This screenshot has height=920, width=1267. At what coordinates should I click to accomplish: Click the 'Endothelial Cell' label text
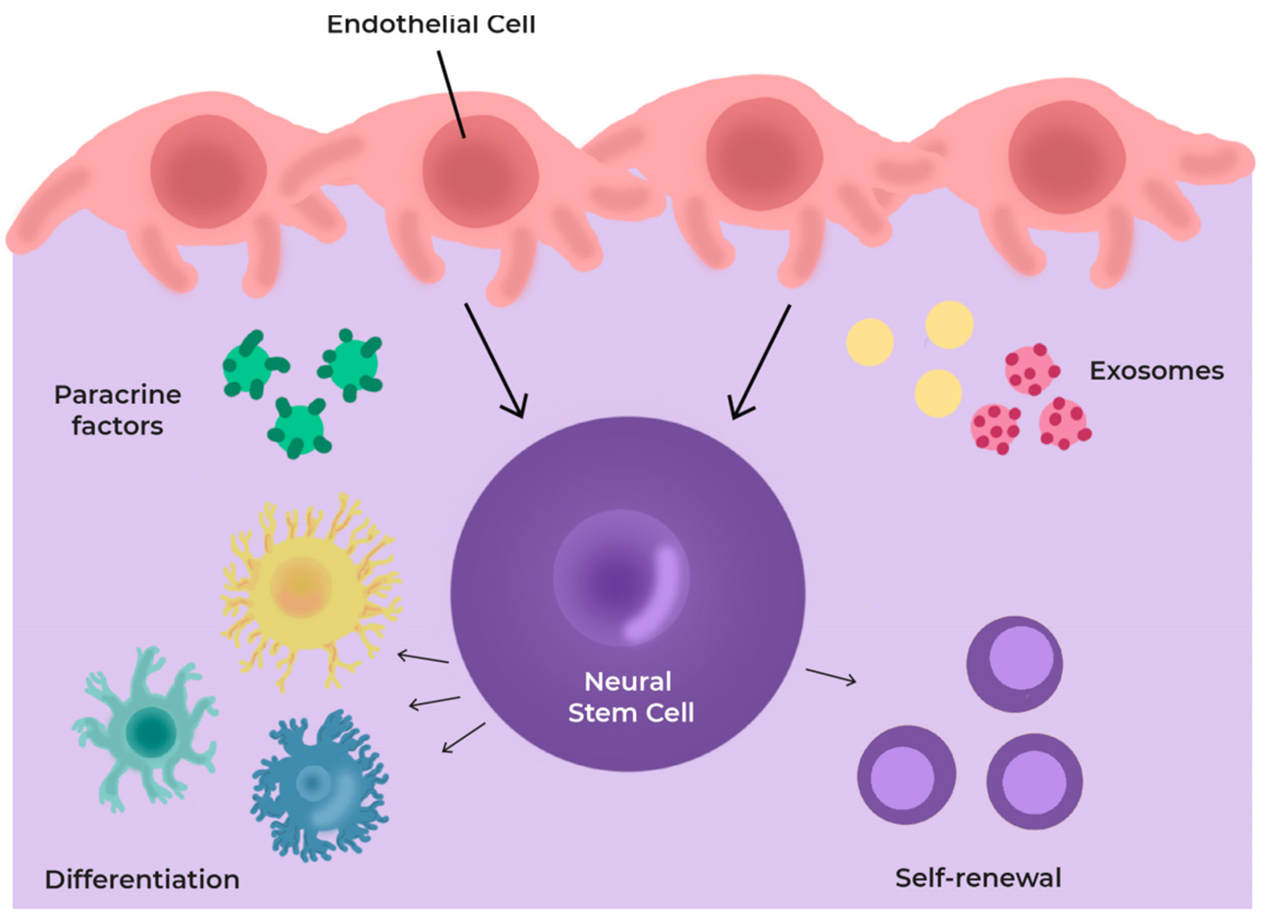[431, 24]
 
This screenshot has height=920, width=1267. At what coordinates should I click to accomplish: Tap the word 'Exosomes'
[1156, 371]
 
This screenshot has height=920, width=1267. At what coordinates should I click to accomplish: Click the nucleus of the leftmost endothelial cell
[208, 171]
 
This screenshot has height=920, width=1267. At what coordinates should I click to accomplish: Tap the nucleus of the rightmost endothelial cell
[1066, 157]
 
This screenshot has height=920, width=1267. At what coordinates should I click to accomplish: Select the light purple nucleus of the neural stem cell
[621, 578]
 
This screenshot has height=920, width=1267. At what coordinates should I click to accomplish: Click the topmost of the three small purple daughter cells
[1015, 664]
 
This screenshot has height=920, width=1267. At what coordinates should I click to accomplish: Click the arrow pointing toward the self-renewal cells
[831, 676]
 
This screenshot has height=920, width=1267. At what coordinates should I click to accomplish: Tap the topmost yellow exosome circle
[949, 325]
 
